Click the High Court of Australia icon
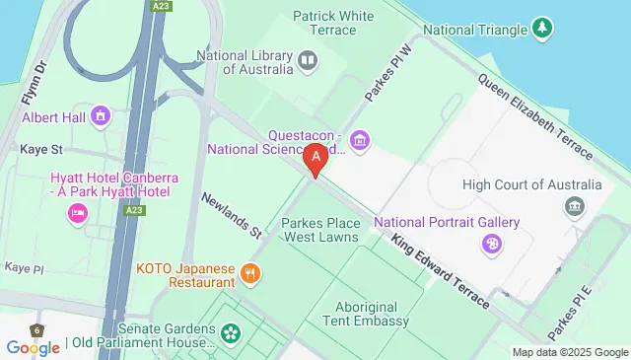[573, 205]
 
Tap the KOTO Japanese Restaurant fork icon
[251, 273]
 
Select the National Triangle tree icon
[541, 30]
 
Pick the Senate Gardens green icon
[231, 333]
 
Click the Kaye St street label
[40, 150]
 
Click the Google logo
[33, 347]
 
